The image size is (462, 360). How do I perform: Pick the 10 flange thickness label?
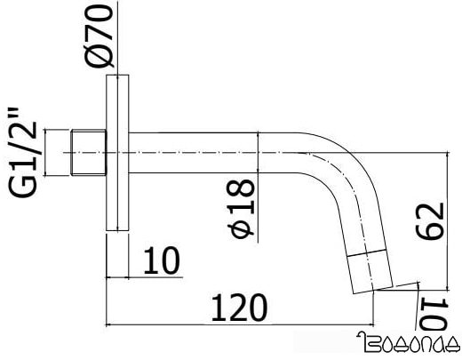[x=161, y=260]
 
